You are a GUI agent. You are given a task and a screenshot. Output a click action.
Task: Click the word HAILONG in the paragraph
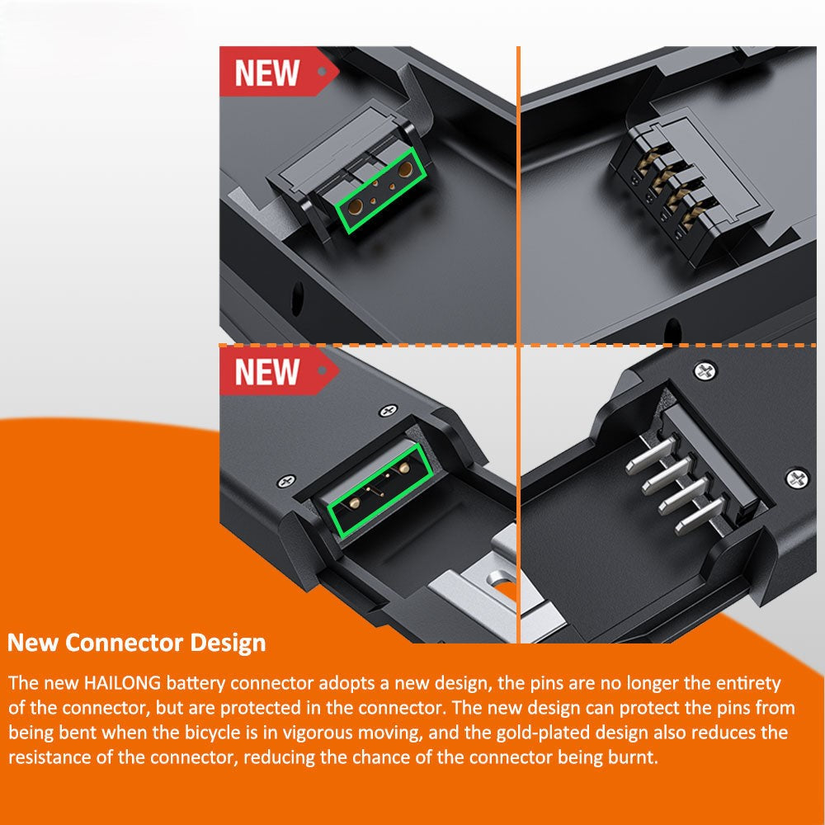123,683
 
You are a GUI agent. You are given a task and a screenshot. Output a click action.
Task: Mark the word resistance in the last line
51,757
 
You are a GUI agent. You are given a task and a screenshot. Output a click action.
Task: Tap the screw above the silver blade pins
705,371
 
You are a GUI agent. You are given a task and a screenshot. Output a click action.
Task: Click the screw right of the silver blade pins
797,478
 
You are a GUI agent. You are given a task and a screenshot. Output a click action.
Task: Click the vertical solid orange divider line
518,345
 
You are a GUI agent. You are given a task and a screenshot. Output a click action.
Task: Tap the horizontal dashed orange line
517,345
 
